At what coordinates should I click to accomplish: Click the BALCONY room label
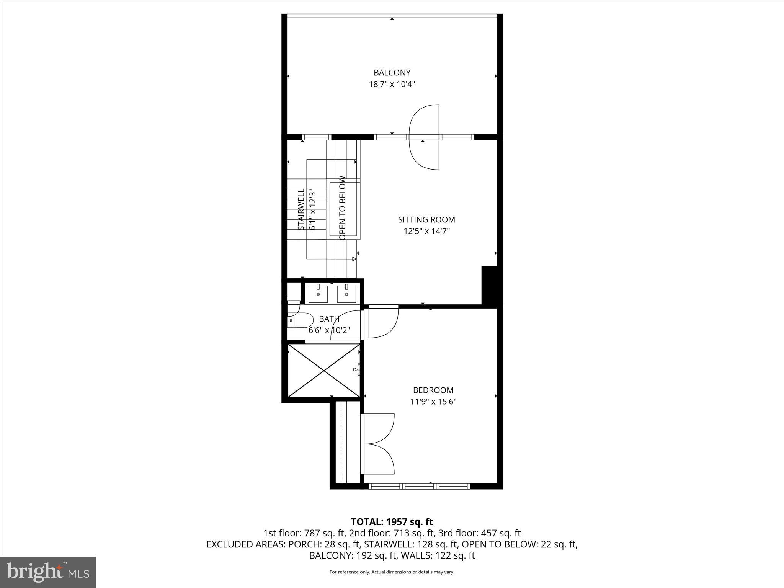click(x=392, y=73)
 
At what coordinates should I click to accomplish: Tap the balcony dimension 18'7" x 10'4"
click(x=392, y=84)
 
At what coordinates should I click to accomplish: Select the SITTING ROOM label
click(x=426, y=220)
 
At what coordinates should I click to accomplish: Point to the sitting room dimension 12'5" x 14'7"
click(x=426, y=231)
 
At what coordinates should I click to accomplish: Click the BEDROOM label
click(x=433, y=390)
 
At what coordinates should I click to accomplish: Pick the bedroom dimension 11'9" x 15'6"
click(x=433, y=402)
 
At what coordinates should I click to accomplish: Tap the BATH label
click(x=329, y=319)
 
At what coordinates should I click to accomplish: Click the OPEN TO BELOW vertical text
click(x=343, y=208)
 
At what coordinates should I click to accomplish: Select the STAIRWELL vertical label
click(x=302, y=209)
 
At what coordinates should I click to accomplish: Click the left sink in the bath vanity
click(x=318, y=294)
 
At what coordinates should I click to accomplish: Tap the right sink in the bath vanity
click(x=346, y=294)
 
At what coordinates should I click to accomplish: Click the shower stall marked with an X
click(x=324, y=371)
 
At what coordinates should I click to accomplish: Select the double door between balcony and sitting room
click(x=424, y=137)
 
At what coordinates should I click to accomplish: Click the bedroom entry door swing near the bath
click(x=383, y=322)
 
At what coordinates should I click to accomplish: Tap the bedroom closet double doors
click(x=378, y=444)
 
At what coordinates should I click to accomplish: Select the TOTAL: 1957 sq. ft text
click(x=392, y=522)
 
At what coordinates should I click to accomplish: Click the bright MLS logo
click(x=48, y=572)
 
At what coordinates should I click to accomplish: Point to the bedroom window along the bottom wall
click(x=419, y=487)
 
